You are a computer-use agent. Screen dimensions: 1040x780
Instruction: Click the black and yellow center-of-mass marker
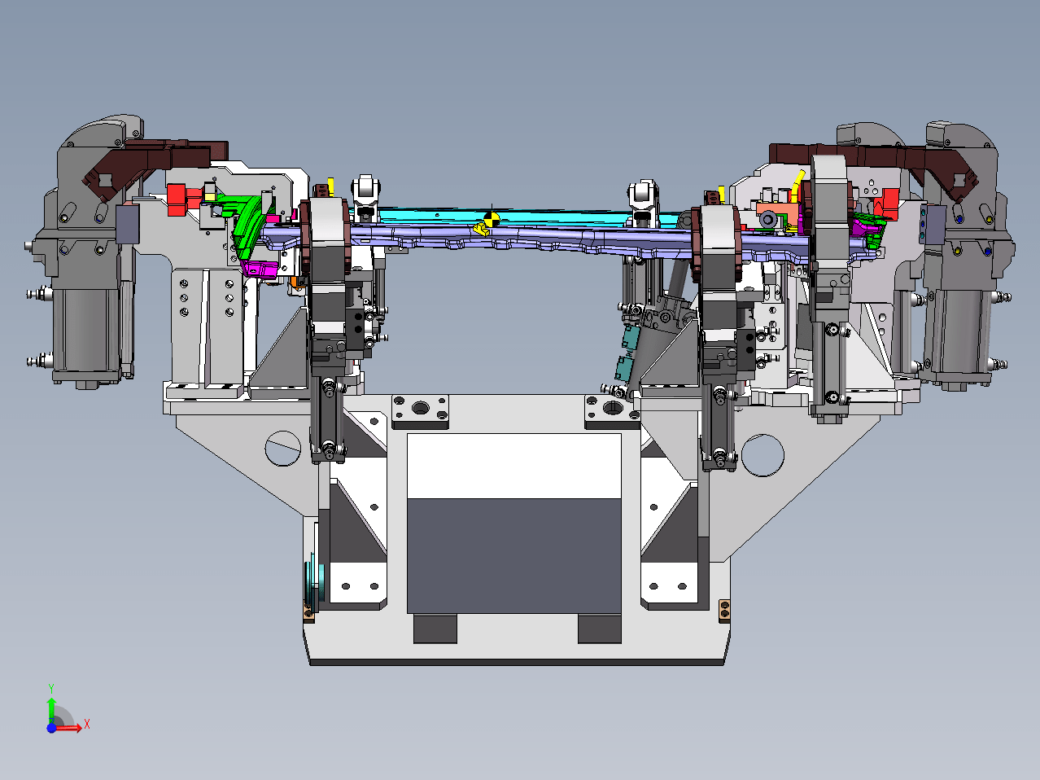pyautogui.click(x=492, y=219)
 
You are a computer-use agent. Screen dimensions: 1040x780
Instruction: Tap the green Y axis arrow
pyautogui.click(x=51, y=712)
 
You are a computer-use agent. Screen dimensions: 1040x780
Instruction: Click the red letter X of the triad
pyautogui.click(x=87, y=724)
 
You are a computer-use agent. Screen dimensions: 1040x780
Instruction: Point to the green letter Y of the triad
pyautogui.click(x=51, y=689)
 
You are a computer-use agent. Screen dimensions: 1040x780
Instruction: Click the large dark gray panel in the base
pyautogui.click(x=514, y=556)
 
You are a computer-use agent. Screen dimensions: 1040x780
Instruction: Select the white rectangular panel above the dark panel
pyautogui.click(x=514, y=466)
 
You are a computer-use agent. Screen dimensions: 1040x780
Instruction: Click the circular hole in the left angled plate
pyautogui.click(x=283, y=448)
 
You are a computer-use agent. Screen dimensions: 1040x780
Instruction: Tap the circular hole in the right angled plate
pyautogui.click(x=763, y=455)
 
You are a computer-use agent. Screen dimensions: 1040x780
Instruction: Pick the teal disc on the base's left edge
pyautogui.click(x=312, y=583)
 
